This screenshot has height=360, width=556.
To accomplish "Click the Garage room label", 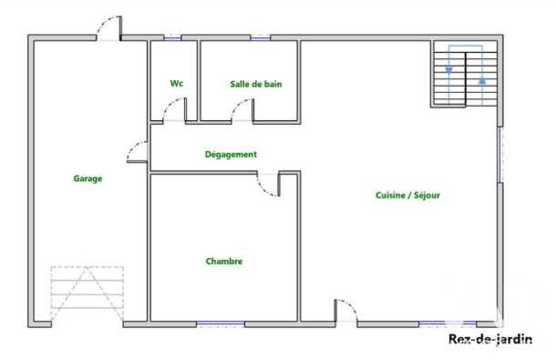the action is tap(88, 179).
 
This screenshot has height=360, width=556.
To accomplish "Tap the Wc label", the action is tap(177, 83).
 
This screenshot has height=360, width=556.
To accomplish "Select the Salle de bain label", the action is tap(255, 84).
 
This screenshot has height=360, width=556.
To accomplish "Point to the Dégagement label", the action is tap(231, 154).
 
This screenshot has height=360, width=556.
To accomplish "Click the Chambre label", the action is tap(224, 261).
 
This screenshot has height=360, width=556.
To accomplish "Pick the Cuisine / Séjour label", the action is tap(407, 195).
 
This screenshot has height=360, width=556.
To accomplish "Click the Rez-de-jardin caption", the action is tap(490, 339).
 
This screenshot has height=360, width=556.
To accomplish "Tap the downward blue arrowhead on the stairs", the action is tap(449, 71).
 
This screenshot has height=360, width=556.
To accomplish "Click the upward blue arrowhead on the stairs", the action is tap(482, 80).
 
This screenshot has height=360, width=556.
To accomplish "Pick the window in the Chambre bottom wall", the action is tap(221, 324).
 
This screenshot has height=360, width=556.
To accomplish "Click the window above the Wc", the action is tap(172, 37).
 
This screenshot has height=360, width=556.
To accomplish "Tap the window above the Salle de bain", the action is tap(261, 37).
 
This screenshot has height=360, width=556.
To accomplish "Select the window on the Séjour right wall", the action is tap(499, 155).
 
